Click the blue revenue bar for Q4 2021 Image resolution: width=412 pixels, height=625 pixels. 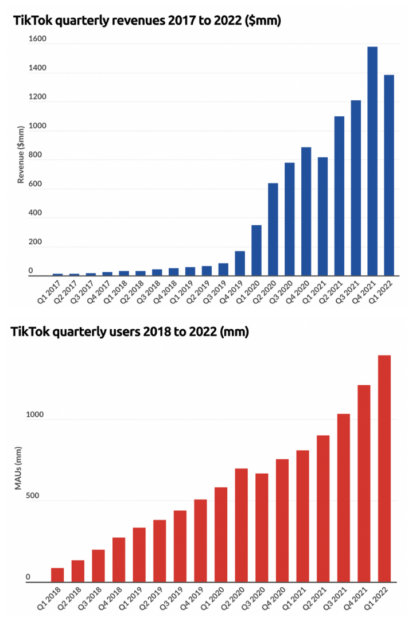pyautogui.click(x=372, y=161)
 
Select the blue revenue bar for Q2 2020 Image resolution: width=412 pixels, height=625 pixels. pyautogui.click(x=273, y=229)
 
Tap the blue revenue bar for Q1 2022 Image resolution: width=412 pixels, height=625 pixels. pyautogui.click(x=389, y=175)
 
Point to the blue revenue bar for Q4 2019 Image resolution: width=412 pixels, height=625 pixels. pyautogui.click(x=239, y=263)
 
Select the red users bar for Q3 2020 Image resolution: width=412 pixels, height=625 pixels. pyautogui.click(x=262, y=528)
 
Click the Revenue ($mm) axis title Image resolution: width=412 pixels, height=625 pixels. pyautogui.click(x=21, y=155)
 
